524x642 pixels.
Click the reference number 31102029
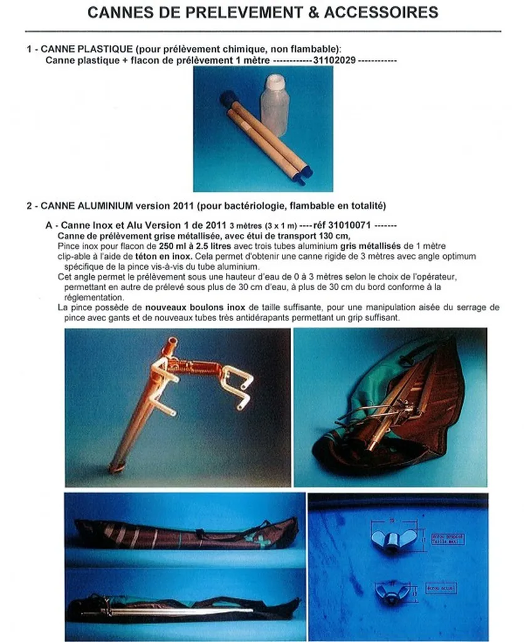click(335, 60)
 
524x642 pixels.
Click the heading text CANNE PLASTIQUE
click(82, 49)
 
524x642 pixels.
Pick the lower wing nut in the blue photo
click(392, 591)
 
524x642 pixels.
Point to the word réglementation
click(91, 297)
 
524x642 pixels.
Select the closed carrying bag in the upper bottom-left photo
click(185, 533)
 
